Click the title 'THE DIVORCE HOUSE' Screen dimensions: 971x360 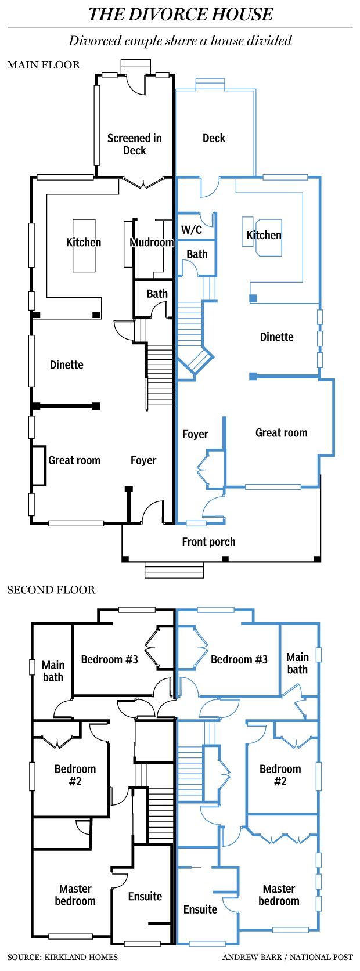pyautogui.click(x=180, y=14)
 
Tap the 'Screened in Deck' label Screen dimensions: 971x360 pyautogui.click(x=134, y=144)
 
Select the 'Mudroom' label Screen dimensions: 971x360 pyautogui.click(x=152, y=242)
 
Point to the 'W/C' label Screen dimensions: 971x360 pyautogui.click(x=192, y=230)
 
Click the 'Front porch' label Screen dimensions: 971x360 pyautogui.click(x=208, y=542)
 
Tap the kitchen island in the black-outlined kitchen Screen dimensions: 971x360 pyautogui.click(x=84, y=245)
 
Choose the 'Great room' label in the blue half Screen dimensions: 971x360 pyautogui.click(x=282, y=432)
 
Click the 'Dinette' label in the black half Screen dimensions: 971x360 pyautogui.click(x=66, y=364)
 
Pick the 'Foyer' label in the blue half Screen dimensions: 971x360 pyautogui.click(x=195, y=434)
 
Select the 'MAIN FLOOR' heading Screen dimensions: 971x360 pyautogui.click(x=44, y=64)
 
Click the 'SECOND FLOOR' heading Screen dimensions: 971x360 pyautogui.click(x=51, y=590)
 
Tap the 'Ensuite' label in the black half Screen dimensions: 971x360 pyautogui.click(x=145, y=896)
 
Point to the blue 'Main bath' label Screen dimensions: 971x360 pyautogui.click(x=297, y=663)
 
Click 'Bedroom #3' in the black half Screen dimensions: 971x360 pyautogui.click(x=110, y=659)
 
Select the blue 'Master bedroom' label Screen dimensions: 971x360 pyautogui.click(x=279, y=894)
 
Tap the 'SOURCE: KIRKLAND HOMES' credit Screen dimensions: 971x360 pyautogui.click(x=63, y=957)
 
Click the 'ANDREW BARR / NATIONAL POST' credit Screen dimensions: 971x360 pyautogui.click(x=287, y=957)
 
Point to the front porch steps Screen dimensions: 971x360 pyautogui.click(x=174, y=569)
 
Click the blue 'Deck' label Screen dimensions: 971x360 pyautogui.click(x=214, y=138)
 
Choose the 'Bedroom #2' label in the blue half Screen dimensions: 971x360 pyautogui.click(x=280, y=775)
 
